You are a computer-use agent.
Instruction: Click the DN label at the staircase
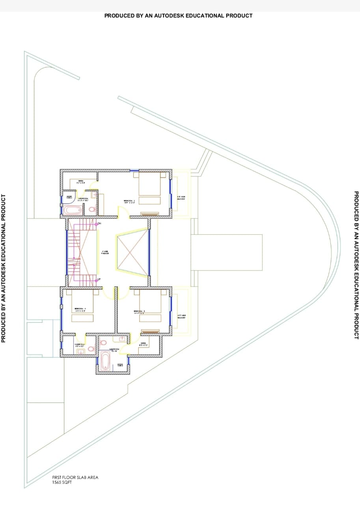point(99,224)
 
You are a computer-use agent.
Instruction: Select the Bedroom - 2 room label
point(129,202)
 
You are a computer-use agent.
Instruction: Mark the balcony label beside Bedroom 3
point(181,316)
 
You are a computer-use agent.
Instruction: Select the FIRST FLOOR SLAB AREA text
point(75,477)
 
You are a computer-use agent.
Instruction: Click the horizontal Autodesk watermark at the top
point(178,16)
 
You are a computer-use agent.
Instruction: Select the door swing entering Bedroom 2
point(123,213)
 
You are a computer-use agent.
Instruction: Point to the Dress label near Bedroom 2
point(81,181)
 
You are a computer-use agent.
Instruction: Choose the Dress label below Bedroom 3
point(143,344)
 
